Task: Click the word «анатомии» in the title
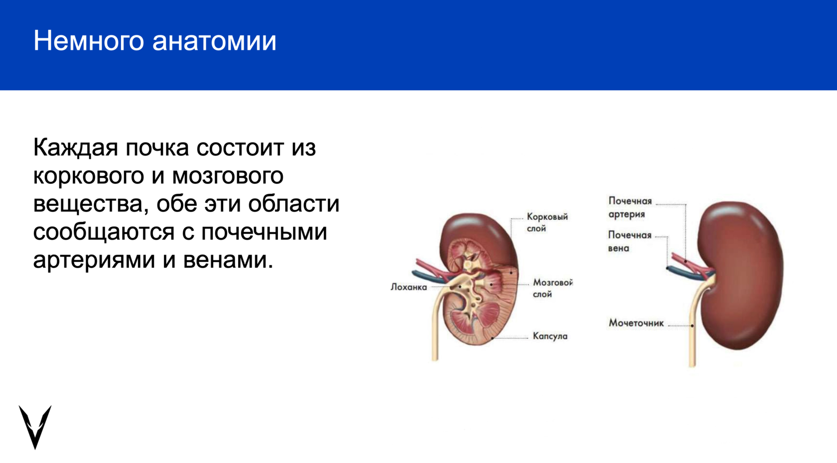click(x=214, y=41)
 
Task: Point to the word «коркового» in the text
click(x=89, y=176)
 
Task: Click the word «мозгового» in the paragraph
click(x=228, y=176)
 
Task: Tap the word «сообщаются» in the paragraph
click(x=104, y=233)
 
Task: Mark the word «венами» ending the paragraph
click(x=228, y=261)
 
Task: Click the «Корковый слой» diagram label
click(x=547, y=222)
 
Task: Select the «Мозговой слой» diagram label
click(x=553, y=288)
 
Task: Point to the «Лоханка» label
click(x=409, y=287)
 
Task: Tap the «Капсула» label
click(x=550, y=336)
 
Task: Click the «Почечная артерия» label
click(x=630, y=207)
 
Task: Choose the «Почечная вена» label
click(x=630, y=241)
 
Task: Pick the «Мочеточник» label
click(x=636, y=323)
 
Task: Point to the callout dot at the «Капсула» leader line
click(x=492, y=338)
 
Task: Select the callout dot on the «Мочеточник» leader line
click(x=692, y=326)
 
